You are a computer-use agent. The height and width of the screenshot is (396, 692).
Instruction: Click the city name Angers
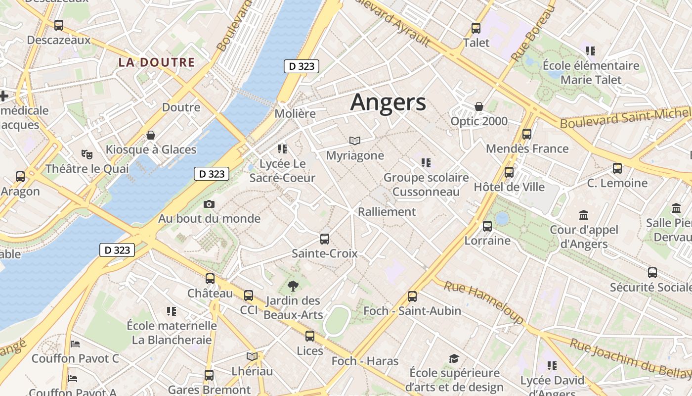pyautogui.click(x=388, y=102)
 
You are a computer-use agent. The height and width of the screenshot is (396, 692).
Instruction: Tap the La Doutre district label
pyautogui.click(x=156, y=62)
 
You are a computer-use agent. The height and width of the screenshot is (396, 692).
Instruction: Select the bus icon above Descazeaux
pyautogui.click(x=59, y=25)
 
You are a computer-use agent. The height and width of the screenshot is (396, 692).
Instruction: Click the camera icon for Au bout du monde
pyautogui.click(x=209, y=204)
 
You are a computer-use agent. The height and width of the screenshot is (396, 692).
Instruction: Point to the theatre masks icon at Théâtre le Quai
pyautogui.click(x=87, y=154)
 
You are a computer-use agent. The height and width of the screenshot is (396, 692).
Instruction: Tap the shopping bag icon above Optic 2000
pyautogui.click(x=478, y=106)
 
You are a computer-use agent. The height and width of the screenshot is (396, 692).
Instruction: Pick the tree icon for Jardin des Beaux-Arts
pyautogui.click(x=293, y=286)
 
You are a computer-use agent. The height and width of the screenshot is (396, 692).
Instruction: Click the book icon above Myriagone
pyautogui.click(x=355, y=141)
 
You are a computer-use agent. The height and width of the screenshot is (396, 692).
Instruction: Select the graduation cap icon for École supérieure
pyautogui.click(x=454, y=358)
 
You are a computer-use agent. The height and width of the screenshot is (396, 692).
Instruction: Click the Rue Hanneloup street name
pyautogui.click(x=483, y=303)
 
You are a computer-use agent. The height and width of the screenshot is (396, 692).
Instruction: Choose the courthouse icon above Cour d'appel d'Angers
pyautogui.click(x=584, y=215)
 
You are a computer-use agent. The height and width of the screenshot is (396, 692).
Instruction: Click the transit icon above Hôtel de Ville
pyautogui.click(x=509, y=172)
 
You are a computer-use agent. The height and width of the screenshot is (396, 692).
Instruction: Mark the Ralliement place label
pyautogui.click(x=387, y=212)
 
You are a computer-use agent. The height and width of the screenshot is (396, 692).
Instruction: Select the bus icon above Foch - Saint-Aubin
pyautogui.click(x=412, y=297)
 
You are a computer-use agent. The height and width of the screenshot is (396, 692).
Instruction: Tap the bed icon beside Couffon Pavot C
pyautogui.click(x=75, y=344)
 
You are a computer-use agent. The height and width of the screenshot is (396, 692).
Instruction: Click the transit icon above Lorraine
pyautogui.click(x=487, y=226)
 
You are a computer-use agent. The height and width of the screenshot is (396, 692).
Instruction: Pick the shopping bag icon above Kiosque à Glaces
pyautogui.click(x=151, y=135)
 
